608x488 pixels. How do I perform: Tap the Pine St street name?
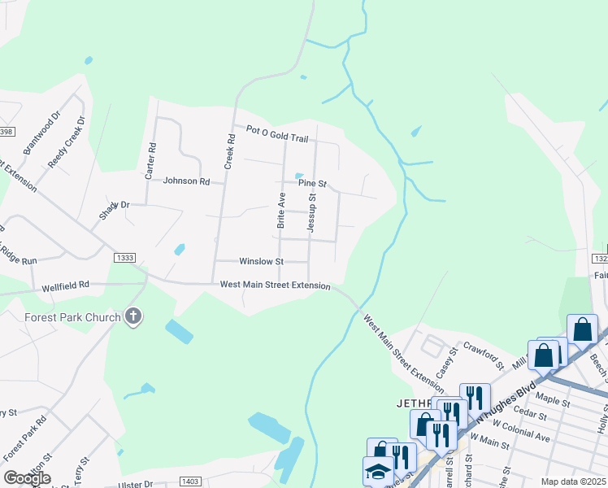pyautogui.click(x=311, y=185)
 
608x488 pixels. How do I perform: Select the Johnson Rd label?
pyautogui.click(x=186, y=181)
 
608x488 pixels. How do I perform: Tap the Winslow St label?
pyautogui.click(x=261, y=262)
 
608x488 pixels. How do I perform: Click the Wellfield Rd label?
pyautogui.click(x=67, y=286)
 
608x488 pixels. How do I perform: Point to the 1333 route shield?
pyautogui.click(x=125, y=258)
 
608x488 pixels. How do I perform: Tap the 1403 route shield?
pyautogui.click(x=190, y=482)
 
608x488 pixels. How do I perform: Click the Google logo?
pyautogui.click(x=27, y=478)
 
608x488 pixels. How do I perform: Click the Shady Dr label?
pyautogui.click(x=115, y=206)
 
